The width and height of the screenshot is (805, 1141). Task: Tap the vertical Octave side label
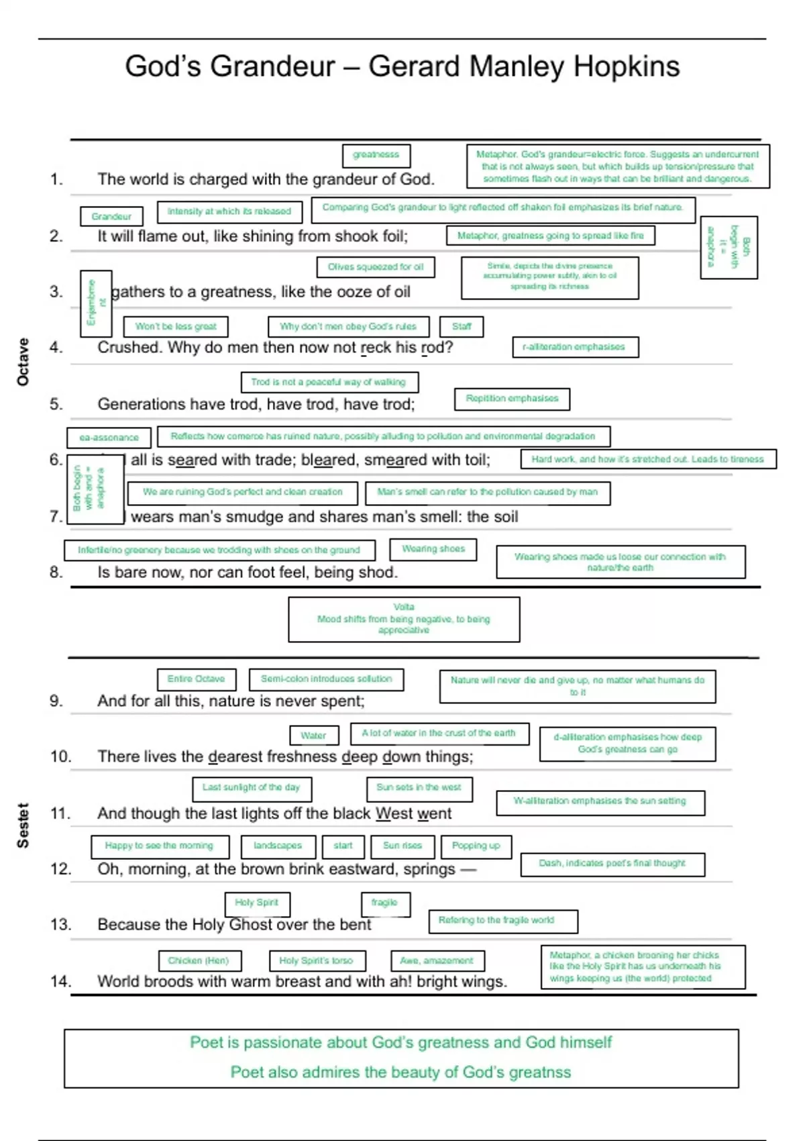pyautogui.click(x=23, y=362)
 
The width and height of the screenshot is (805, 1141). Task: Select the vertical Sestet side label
pyautogui.click(x=23, y=825)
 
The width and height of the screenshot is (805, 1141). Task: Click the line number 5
pyautogui.click(x=56, y=404)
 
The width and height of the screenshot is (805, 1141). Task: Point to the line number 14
pyautogui.click(x=60, y=981)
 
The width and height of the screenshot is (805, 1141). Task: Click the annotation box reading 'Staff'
pyautogui.click(x=462, y=327)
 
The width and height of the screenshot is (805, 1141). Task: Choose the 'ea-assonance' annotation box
pyautogui.click(x=109, y=438)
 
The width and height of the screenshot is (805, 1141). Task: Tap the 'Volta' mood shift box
pyautogui.click(x=404, y=619)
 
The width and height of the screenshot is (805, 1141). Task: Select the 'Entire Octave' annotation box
pyautogui.click(x=197, y=679)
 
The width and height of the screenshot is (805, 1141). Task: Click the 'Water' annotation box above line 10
pyautogui.click(x=314, y=736)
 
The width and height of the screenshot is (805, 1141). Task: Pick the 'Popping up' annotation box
pyautogui.click(x=476, y=846)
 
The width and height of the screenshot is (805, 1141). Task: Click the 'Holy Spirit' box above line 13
pyautogui.click(x=257, y=903)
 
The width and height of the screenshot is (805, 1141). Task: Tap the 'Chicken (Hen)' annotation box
pyautogui.click(x=199, y=961)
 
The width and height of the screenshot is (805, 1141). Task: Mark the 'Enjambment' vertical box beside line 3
pyautogui.click(x=95, y=303)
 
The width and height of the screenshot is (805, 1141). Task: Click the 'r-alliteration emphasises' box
pyautogui.click(x=575, y=347)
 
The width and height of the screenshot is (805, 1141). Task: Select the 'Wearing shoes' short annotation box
pyautogui.click(x=433, y=549)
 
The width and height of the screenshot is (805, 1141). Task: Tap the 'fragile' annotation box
pyautogui.click(x=385, y=903)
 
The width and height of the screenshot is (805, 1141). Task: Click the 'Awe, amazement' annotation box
pyautogui.click(x=437, y=961)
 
